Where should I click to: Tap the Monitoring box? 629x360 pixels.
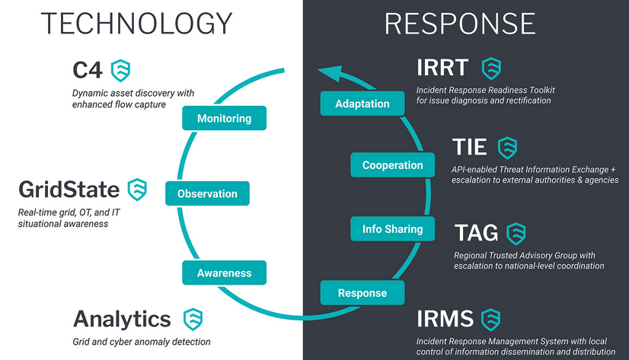[x=223, y=119]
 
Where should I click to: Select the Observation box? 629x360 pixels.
[x=206, y=194]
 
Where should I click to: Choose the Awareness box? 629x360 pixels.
[x=224, y=272]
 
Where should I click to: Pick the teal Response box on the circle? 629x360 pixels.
[x=362, y=293]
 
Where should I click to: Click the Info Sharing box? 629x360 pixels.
[x=392, y=228]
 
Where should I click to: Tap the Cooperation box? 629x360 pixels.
[x=392, y=165]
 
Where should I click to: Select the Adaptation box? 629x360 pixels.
[x=362, y=104]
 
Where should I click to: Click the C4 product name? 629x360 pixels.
[x=88, y=71]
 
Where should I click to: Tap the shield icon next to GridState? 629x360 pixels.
[x=137, y=189]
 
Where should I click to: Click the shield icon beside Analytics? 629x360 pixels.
[x=193, y=318]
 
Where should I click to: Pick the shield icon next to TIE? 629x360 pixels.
[x=507, y=147]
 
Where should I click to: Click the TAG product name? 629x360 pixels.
[x=476, y=233]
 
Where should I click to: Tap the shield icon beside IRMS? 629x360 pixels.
[x=490, y=318]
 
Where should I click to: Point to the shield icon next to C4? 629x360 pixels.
[x=120, y=71]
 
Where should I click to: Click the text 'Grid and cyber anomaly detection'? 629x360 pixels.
[x=141, y=342]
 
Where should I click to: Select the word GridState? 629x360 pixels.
[x=69, y=190]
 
